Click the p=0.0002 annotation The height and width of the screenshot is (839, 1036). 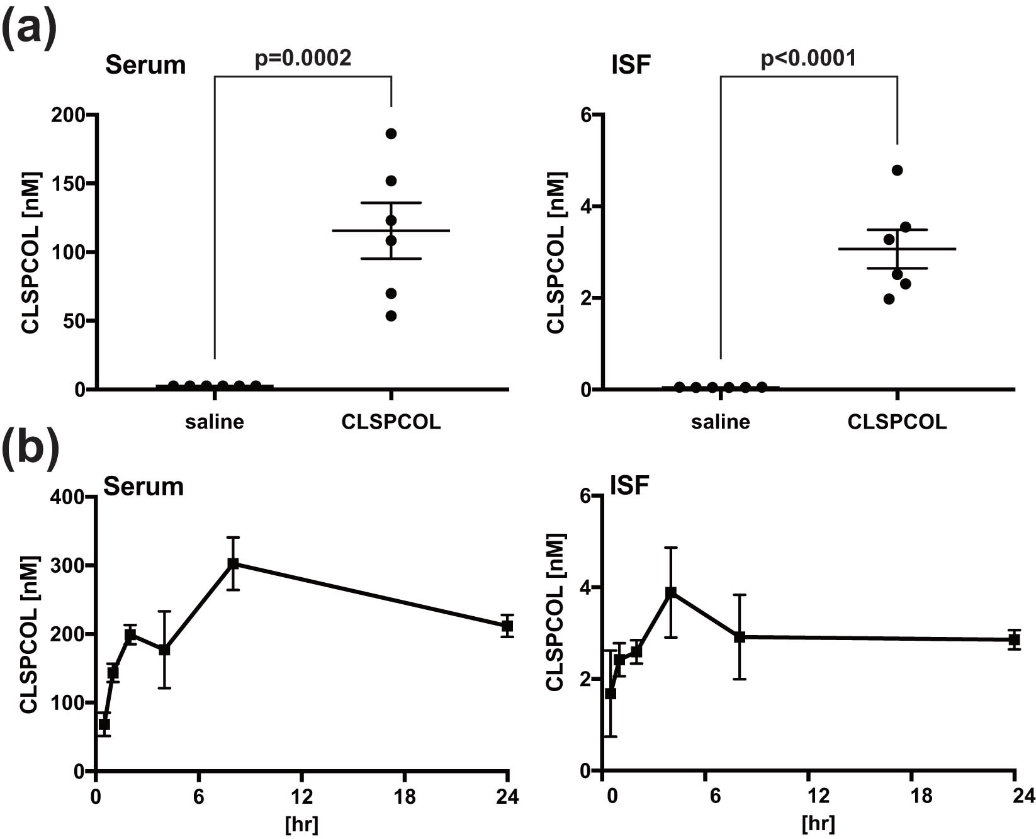pos(303,59)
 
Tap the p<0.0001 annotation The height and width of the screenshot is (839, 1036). pos(808,59)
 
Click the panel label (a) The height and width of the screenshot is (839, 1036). pos(29,28)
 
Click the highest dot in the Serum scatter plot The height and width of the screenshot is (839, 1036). pos(391,133)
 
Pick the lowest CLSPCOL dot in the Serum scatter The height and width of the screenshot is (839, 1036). pos(391,316)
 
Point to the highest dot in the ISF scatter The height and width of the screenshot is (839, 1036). pos(897,170)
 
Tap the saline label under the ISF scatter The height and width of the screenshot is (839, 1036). pos(720,422)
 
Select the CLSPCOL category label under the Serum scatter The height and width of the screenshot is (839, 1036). pos(391,422)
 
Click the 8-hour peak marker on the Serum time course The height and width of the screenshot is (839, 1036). pos(234,563)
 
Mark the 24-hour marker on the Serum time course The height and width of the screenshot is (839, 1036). pos(507,626)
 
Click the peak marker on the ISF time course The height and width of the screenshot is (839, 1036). pos(671,592)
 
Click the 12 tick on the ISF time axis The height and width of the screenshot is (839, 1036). pos(818,797)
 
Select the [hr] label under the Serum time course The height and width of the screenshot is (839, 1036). pos(301,823)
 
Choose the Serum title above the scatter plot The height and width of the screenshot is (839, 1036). pos(145,65)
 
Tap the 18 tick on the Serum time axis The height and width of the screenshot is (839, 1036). pos(404,797)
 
